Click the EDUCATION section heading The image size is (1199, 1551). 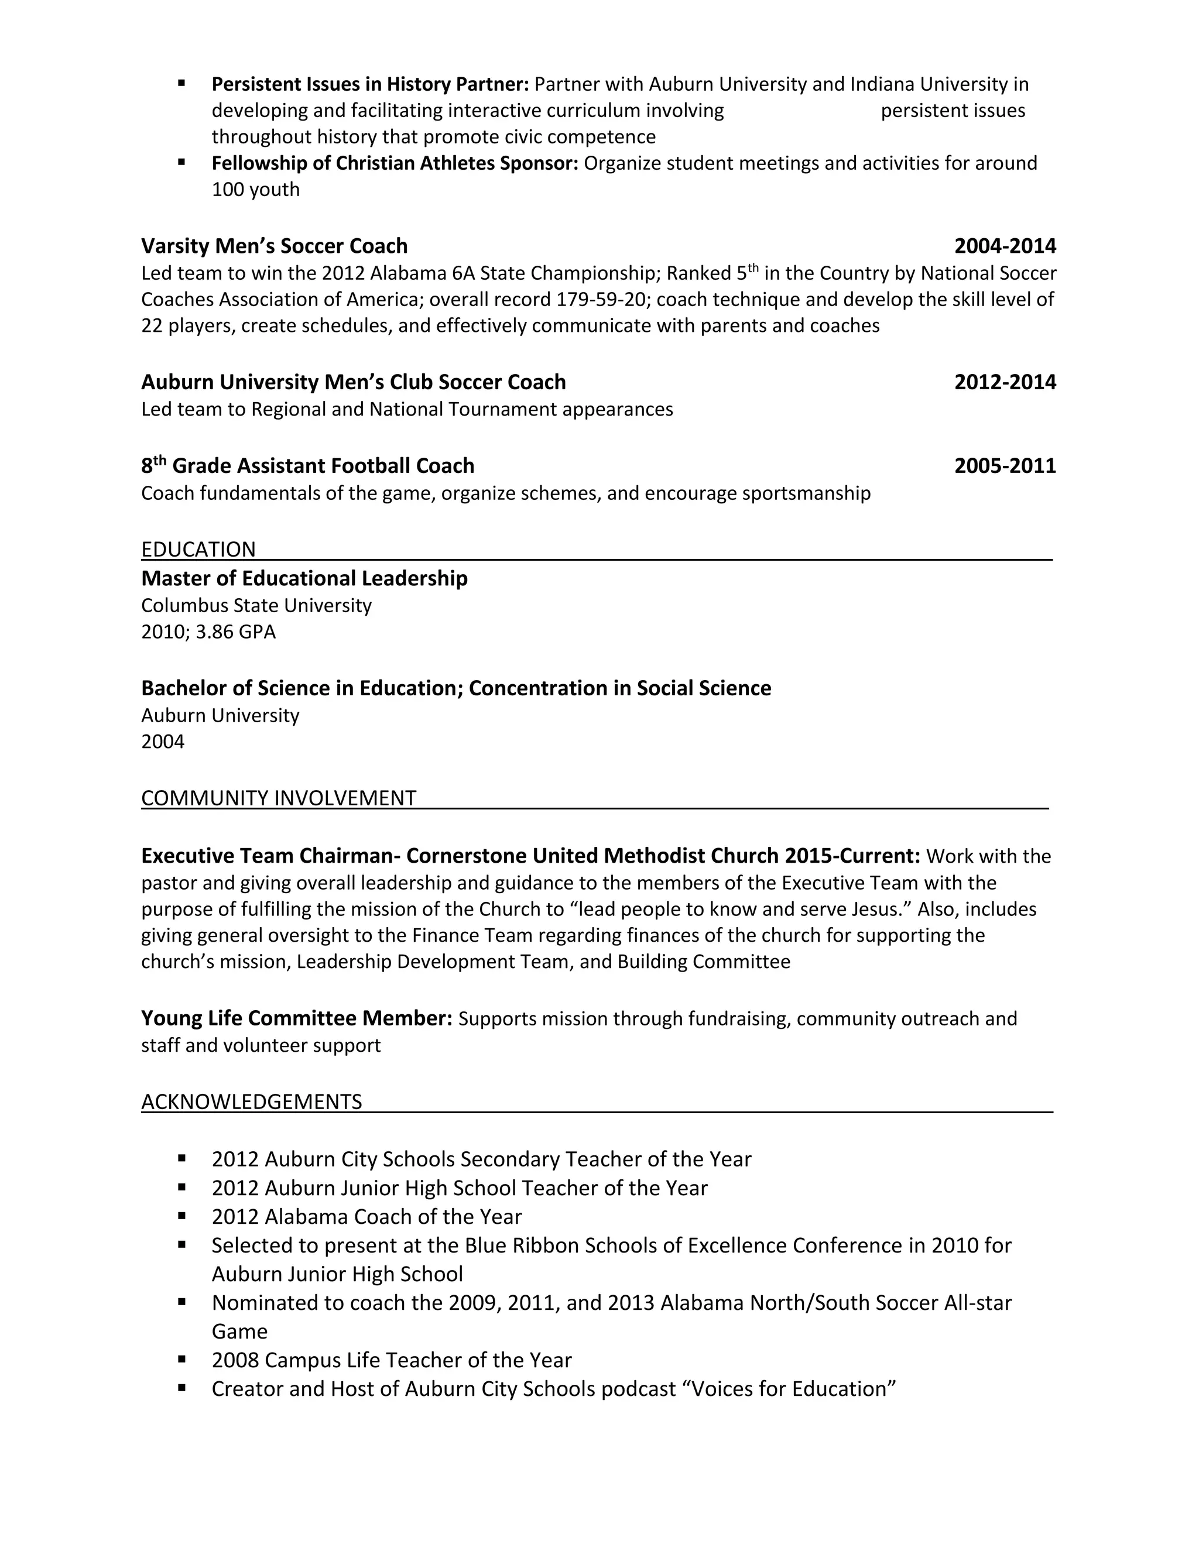coord(198,549)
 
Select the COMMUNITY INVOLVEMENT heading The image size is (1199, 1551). coord(279,798)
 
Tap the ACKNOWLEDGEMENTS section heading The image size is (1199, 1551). coord(251,1101)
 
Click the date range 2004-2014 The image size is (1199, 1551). coord(1005,246)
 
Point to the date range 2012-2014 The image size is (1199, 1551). coord(1005,382)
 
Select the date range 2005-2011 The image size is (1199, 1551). coord(1005,466)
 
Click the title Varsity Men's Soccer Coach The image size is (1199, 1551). coord(274,246)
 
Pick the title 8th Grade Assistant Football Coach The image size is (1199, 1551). coord(307,466)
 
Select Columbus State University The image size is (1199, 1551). coord(256,605)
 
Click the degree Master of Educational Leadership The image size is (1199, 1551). coord(304,578)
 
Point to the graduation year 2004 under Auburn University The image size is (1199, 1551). coord(163,742)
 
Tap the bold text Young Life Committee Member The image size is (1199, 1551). coord(296,1018)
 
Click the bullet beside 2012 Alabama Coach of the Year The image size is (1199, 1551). coord(182,1215)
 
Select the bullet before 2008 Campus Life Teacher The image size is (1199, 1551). coord(182,1358)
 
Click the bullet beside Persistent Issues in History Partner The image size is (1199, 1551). coord(182,83)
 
